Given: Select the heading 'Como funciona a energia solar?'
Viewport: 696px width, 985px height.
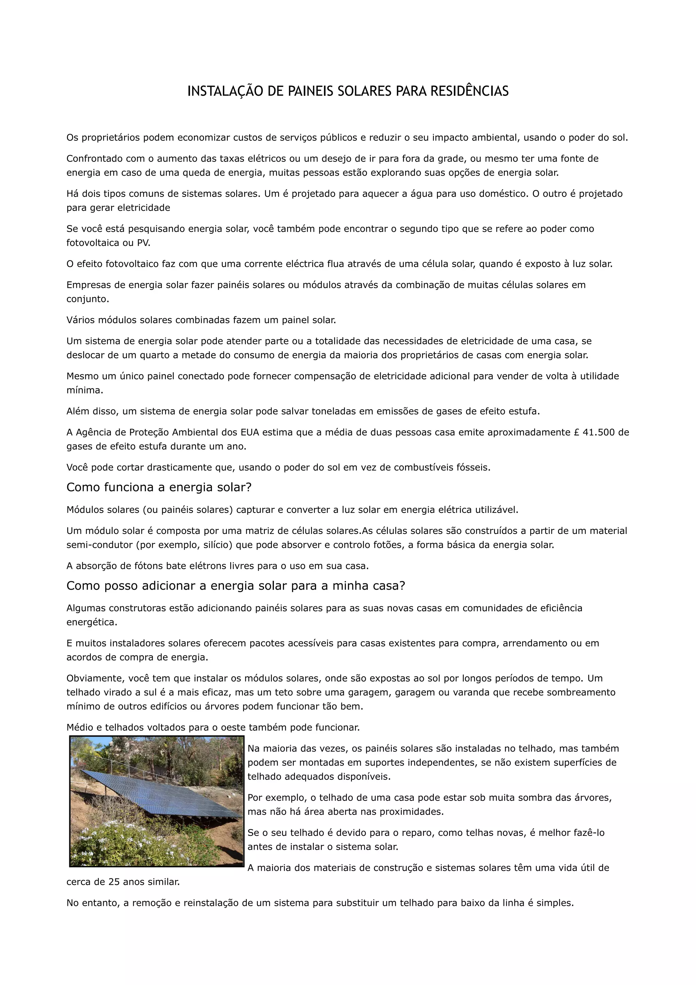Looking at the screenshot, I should pos(159,487).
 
